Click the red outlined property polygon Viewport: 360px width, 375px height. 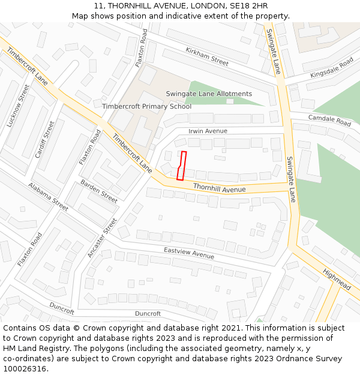(181, 166)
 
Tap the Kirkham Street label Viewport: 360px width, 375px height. (207, 56)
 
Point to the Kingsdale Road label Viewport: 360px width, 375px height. (332, 68)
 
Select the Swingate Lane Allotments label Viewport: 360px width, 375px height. (209, 94)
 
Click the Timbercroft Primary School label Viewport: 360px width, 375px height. (146, 107)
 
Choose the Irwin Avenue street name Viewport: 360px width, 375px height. (208, 131)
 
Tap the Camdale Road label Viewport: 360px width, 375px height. (329, 120)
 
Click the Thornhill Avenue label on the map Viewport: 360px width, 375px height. (220, 188)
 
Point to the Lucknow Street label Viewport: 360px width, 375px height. (18, 106)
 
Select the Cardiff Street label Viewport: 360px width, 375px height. (44, 139)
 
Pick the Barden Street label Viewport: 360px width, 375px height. (99, 191)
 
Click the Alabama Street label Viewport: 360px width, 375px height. (48, 197)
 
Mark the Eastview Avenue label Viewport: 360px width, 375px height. (189, 254)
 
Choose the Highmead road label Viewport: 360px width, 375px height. (337, 279)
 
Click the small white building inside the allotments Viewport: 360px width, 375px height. (230, 101)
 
